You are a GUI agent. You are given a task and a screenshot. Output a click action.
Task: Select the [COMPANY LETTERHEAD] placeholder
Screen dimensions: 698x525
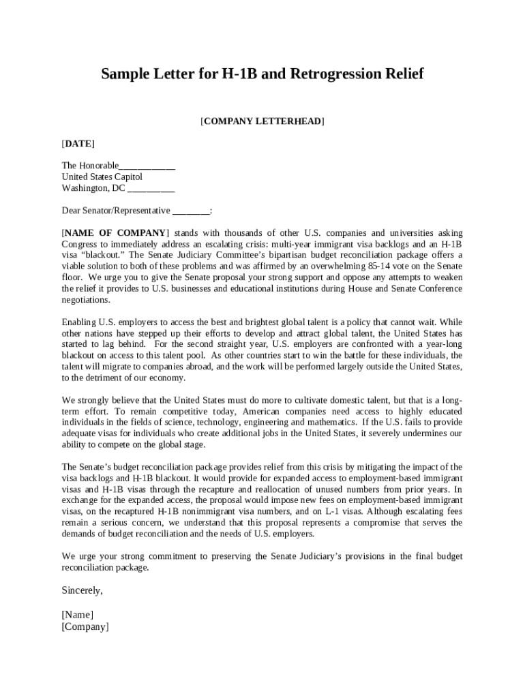[262, 121]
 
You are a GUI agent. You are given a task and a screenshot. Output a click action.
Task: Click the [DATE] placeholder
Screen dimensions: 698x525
[78, 144]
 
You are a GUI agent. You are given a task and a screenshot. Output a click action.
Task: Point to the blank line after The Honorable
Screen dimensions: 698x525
[147, 166]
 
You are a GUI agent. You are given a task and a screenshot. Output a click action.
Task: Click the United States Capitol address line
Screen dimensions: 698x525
[102, 177]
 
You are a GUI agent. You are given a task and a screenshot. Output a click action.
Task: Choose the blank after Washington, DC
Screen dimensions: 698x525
[151, 188]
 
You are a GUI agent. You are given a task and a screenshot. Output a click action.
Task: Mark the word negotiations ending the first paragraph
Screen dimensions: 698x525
[86, 300]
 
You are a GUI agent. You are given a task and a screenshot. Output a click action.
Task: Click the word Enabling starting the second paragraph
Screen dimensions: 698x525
[80, 322]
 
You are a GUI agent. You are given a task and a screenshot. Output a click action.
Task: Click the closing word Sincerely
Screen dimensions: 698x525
[82, 590]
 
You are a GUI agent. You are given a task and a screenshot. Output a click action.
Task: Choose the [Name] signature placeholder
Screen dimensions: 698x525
[78, 615]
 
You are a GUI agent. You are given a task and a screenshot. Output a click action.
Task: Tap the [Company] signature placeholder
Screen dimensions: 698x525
[85, 627]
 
